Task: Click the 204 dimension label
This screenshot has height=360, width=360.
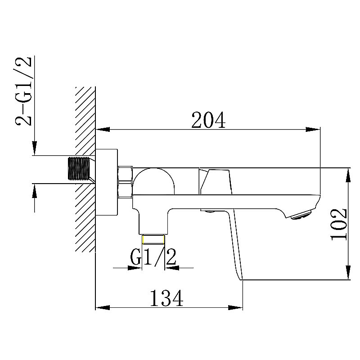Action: pos(208,120)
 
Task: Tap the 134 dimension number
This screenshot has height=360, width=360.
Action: pos(166,298)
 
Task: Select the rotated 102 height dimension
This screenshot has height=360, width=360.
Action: pos(338,224)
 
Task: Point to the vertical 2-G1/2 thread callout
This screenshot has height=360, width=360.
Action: pos(23,91)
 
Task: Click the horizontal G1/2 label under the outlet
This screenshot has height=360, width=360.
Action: pos(153,257)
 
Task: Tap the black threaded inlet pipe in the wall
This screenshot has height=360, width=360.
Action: pos(79,168)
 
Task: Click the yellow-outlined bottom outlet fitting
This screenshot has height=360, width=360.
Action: pos(153,240)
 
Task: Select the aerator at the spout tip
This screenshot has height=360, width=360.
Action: pos(301,215)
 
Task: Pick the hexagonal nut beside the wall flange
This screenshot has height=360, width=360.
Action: pos(126,182)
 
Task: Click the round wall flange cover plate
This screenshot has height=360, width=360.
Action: pos(107,182)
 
